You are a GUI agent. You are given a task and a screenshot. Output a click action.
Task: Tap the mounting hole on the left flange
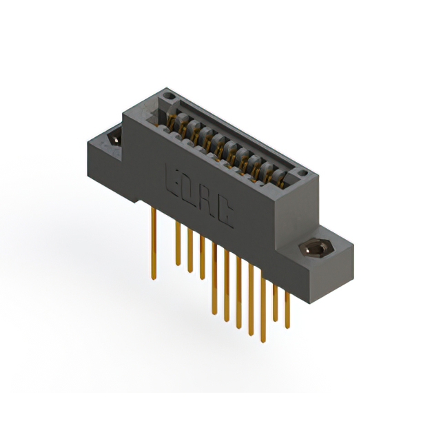(x=115, y=137)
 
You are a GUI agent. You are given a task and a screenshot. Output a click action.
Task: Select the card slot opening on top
(x=227, y=141)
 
